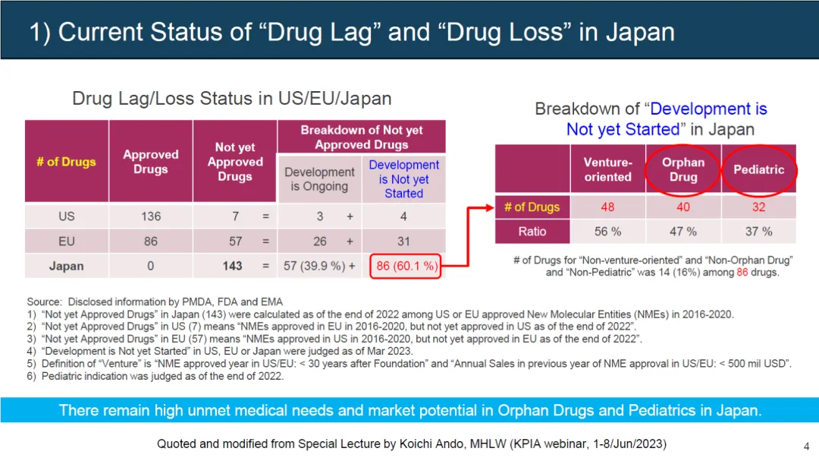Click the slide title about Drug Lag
[x=352, y=32]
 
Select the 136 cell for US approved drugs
[x=151, y=216]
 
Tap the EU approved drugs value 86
[x=151, y=242]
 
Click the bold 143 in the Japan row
[x=233, y=266]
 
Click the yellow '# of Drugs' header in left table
[x=67, y=162]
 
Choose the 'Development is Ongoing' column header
[x=319, y=179]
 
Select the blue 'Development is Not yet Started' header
[x=403, y=179]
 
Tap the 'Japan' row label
[x=67, y=266]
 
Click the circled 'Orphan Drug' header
[x=682, y=169]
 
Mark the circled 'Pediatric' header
[x=758, y=169]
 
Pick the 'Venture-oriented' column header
[x=607, y=169]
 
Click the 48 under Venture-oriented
[x=607, y=207]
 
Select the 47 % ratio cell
[x=682, y=231]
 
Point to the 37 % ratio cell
[x=758, y=231]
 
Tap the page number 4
[x=806, y=446]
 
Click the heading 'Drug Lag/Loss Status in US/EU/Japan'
[x=231, y=99]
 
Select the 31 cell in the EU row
[x=403, y=242]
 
